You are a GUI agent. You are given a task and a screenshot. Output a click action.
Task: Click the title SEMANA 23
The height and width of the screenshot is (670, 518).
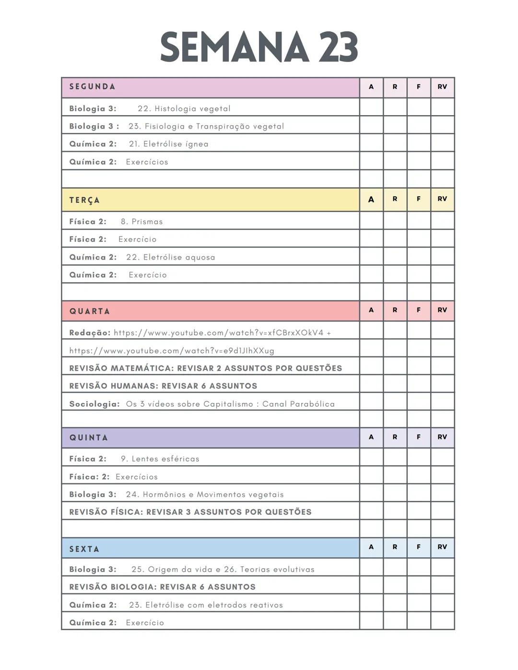(259, 47)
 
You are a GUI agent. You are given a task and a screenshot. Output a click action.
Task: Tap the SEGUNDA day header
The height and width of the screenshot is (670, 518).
(92, 87)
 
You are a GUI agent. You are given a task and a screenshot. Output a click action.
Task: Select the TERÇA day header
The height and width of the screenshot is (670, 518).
(84, 200)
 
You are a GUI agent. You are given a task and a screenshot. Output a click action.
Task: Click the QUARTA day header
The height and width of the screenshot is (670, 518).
(90, 311)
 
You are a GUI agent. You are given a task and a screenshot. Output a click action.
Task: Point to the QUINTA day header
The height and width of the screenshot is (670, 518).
(89, 437)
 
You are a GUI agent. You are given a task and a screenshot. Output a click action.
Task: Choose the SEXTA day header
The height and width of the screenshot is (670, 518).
(84, 549)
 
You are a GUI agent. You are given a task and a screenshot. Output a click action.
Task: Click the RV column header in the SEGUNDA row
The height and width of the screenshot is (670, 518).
(442, 87)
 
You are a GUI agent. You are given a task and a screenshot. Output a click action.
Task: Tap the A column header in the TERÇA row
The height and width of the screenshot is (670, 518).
(371, 200)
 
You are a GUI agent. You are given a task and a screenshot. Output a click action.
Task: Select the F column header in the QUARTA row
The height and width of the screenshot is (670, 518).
(419, 310)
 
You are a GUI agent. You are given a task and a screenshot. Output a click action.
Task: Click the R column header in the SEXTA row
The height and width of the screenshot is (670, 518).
(395, 547)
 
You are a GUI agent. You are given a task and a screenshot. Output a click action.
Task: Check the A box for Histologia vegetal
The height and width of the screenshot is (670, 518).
(371, 107)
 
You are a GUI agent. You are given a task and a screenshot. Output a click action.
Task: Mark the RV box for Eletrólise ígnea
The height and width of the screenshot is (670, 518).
(442, 143)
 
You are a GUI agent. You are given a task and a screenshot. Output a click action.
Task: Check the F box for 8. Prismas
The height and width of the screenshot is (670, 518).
(419, 221)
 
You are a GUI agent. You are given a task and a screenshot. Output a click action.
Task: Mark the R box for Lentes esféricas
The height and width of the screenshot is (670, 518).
(395, 458)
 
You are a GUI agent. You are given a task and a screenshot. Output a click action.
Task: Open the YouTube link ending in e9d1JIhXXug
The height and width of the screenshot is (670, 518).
(172, 351)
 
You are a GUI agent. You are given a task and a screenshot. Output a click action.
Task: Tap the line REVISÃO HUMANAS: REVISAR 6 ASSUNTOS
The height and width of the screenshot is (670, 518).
(163, 386)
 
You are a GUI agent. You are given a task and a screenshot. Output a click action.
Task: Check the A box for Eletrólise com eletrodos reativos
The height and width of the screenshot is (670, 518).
(371, 604)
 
